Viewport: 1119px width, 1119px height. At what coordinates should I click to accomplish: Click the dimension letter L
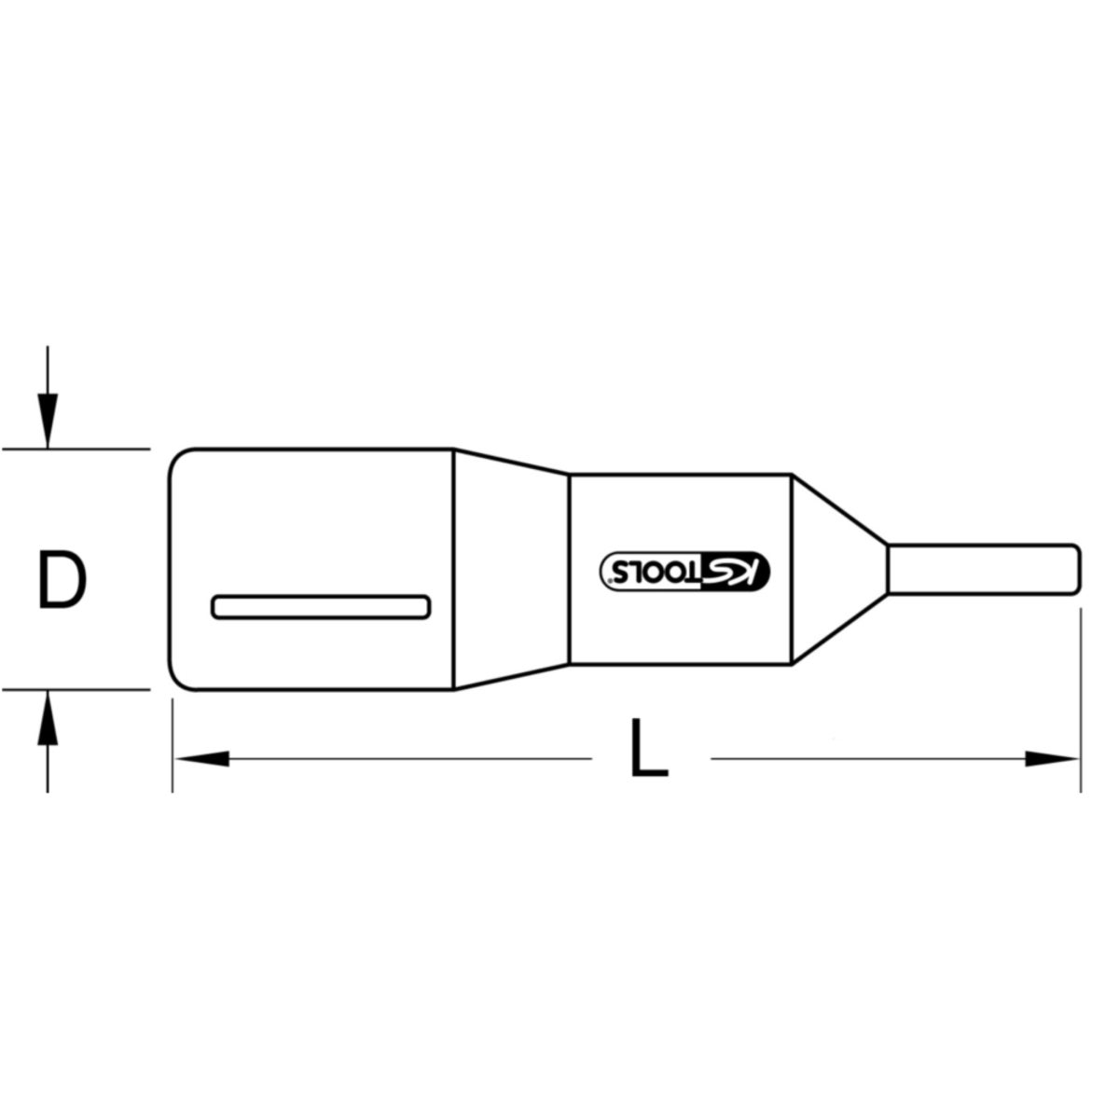[649, 747]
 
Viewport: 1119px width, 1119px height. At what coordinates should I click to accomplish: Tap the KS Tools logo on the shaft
[684, 571]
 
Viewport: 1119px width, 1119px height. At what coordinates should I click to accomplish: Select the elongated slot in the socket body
[321, 607]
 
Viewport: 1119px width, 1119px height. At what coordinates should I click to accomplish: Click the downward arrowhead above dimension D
[48, 421]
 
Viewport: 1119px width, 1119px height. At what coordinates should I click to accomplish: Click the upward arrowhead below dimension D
[48, 718]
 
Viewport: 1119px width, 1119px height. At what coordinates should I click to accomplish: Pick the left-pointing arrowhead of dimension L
[202, 758]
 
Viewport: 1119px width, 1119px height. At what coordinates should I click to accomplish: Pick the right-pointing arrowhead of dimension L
[1052, 758]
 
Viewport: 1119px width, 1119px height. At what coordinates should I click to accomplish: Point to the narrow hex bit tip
[984, 569]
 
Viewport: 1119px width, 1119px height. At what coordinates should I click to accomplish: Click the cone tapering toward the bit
[839, 569]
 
